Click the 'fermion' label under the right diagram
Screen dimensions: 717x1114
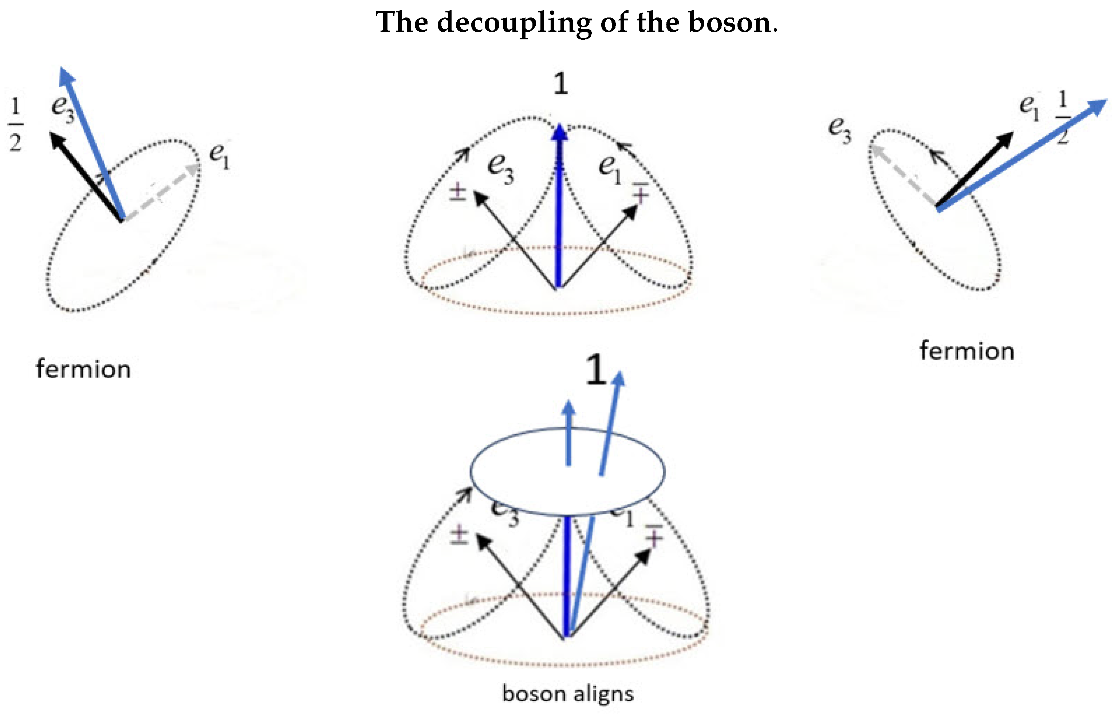pos(967,351)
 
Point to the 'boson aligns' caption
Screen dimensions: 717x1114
pos(568,694)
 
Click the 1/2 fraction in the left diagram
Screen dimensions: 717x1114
pos(15,124)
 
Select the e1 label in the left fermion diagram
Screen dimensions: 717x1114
pos(219,156)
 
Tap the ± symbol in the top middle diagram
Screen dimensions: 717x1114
pos(458,192)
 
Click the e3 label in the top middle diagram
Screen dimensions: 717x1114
pos(501,169)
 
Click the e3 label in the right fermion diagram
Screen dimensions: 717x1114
pos(840,129)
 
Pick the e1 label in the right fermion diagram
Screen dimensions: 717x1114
pos(1029,107)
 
